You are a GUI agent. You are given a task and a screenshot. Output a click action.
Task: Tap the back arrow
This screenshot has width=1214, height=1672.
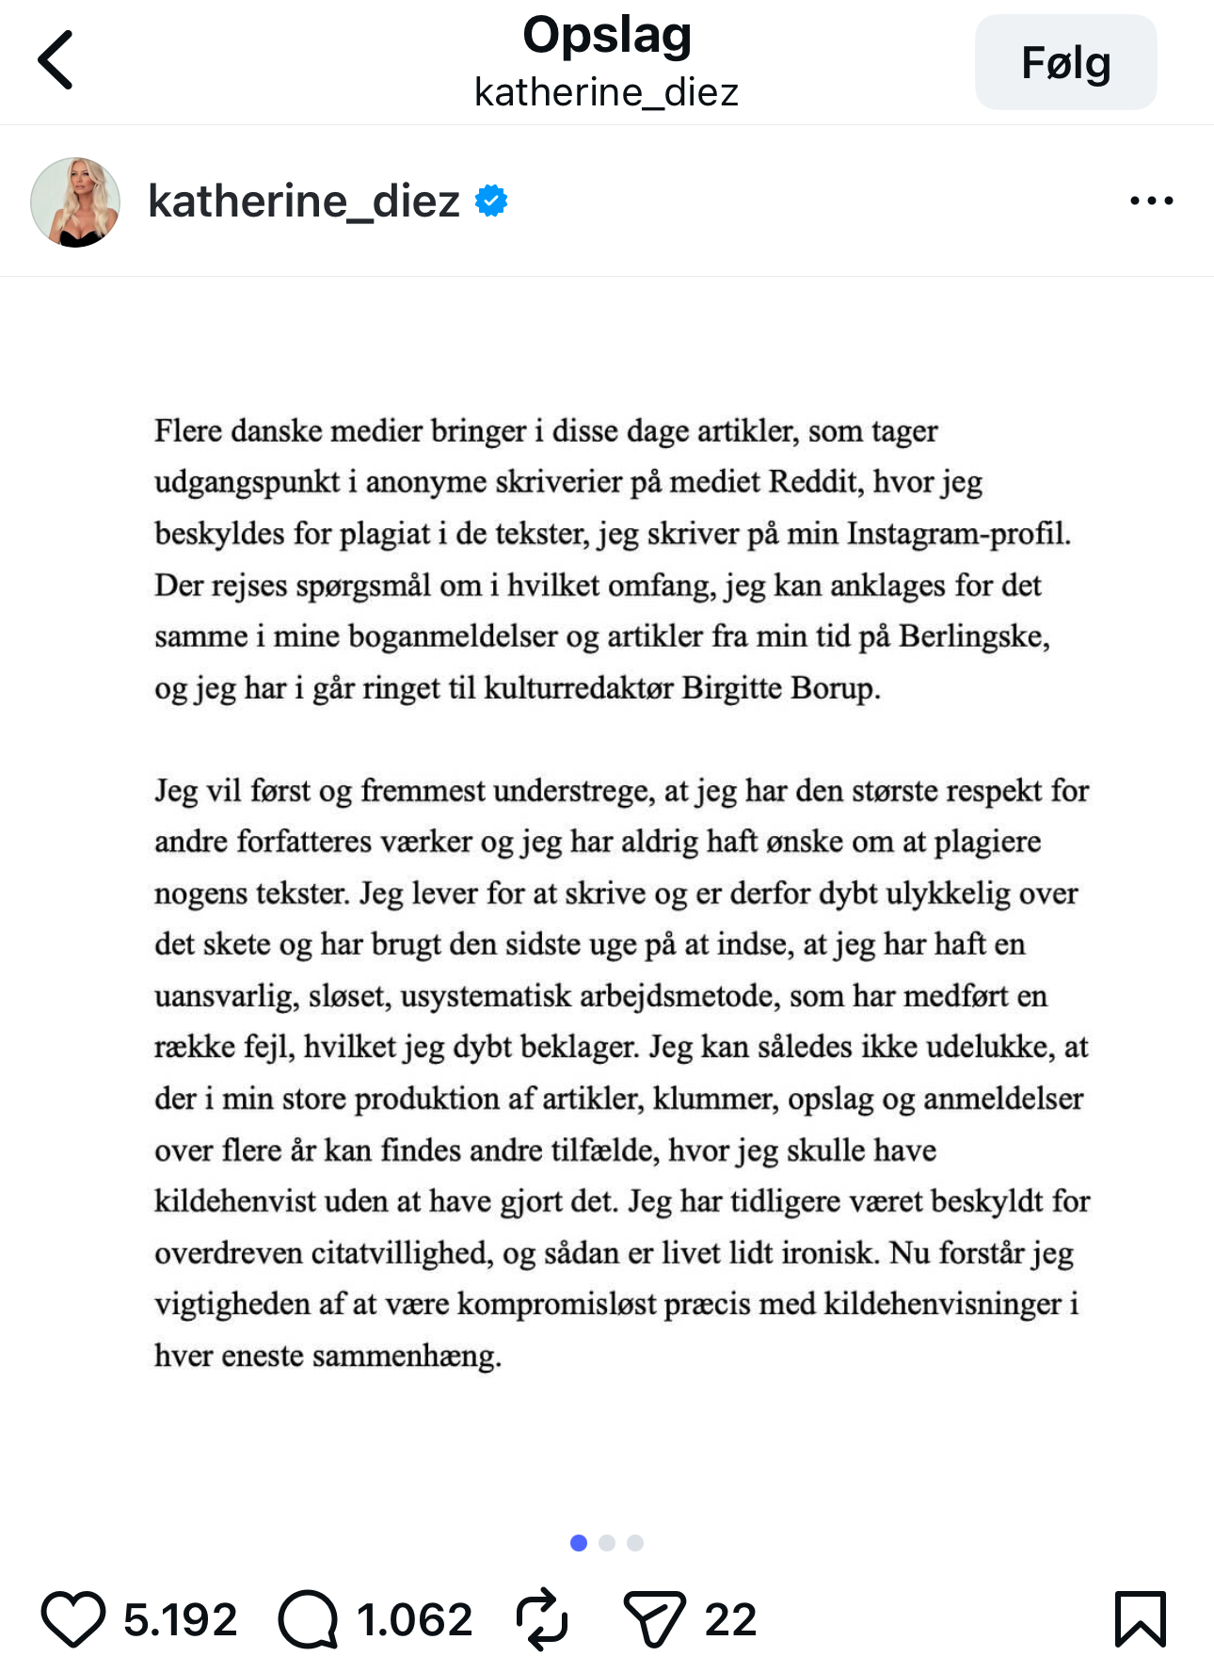click(56, 59)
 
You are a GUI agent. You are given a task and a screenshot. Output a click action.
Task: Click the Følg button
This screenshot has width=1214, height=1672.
click(1065, 62)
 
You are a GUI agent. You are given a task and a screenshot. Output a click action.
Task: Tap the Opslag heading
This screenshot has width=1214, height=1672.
click(607, 36)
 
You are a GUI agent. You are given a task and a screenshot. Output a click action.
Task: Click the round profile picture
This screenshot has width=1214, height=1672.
click(75, 201)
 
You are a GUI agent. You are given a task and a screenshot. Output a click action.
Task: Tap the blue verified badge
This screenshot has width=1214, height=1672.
click(491, 201)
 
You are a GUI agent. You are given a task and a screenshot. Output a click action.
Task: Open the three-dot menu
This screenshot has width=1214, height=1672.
click(1151, 201)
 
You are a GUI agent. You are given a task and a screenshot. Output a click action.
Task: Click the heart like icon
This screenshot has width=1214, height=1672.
click(72, 1619)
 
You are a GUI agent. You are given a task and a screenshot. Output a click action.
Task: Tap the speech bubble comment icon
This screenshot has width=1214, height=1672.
click(308, 1619)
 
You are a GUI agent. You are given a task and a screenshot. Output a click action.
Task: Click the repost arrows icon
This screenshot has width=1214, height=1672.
click(542, 1619)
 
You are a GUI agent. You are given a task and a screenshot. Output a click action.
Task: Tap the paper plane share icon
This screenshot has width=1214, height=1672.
click(654, 1619)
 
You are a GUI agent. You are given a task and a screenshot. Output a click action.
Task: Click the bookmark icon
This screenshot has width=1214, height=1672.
click(1140, 1619)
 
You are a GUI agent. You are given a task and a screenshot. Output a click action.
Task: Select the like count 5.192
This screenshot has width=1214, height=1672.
click(180, 1619)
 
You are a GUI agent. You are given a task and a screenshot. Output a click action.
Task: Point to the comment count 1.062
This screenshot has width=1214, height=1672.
click(414, 1619)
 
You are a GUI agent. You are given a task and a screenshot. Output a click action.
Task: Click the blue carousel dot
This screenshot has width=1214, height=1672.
click(579, 1543)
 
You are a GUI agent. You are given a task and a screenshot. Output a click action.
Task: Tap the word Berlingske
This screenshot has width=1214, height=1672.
click(973, 636)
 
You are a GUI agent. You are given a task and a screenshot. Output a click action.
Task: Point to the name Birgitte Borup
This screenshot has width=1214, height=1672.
click(780, 688)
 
